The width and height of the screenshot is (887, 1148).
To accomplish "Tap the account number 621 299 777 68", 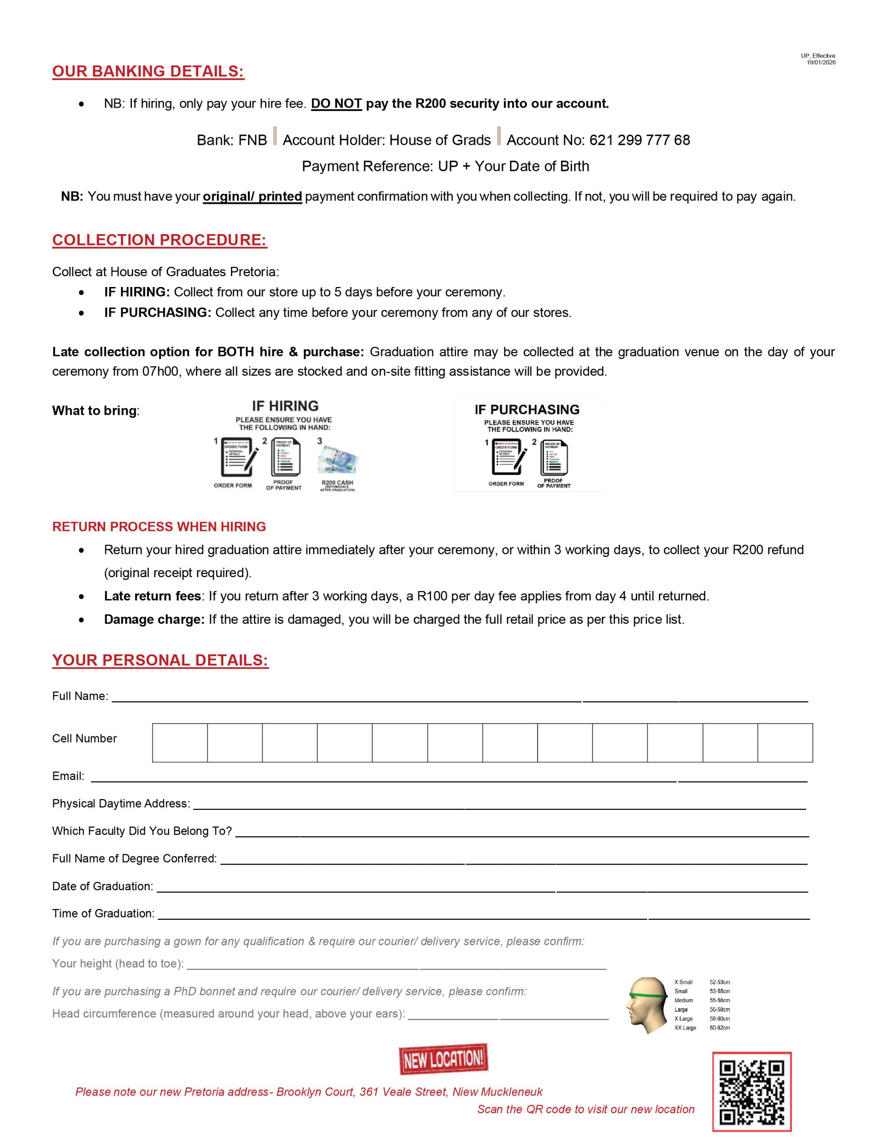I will coord(639,140).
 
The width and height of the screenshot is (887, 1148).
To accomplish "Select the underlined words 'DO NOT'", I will coord(336,104).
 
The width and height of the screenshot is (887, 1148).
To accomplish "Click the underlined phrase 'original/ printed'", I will coord(252,196).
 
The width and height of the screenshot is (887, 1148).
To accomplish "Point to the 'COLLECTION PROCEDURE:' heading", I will coord(159,240).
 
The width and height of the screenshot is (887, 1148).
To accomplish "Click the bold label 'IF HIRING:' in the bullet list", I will coord(137,292).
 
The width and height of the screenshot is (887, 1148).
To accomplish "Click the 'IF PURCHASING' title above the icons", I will coord(527,410).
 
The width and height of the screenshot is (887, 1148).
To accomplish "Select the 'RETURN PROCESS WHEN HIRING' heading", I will coord(159,527).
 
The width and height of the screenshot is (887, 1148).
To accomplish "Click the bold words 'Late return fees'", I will coord(152,596).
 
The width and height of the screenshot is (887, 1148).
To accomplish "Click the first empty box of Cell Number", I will coord(180,743).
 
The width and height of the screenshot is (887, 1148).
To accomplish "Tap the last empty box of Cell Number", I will coord(785,743).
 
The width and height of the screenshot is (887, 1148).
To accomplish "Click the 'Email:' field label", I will coord(68,776).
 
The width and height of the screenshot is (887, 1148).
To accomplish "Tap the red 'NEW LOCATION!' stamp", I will coord(443,1059).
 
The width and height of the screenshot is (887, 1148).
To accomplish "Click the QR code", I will coord(751,1092).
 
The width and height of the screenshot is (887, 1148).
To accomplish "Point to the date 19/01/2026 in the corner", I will coord(821,62).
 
